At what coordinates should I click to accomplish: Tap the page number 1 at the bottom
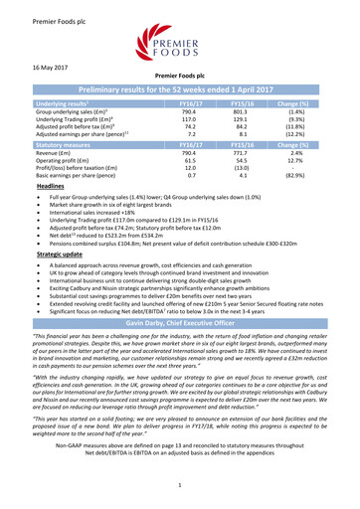point(180,483)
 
